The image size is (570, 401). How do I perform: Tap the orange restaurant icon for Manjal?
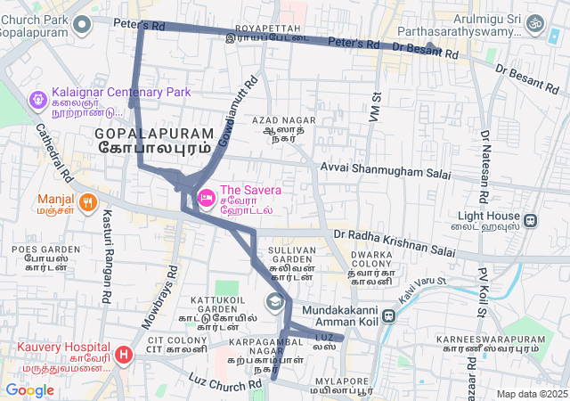(87, 202)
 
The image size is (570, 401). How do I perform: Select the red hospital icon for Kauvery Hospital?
(123, 355)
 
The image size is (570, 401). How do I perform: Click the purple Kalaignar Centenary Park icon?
(38, 99)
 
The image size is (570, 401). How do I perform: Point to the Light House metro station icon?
(530, 221)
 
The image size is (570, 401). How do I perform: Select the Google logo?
(29, 389)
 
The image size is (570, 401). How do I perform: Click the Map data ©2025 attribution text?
(532, 394)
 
